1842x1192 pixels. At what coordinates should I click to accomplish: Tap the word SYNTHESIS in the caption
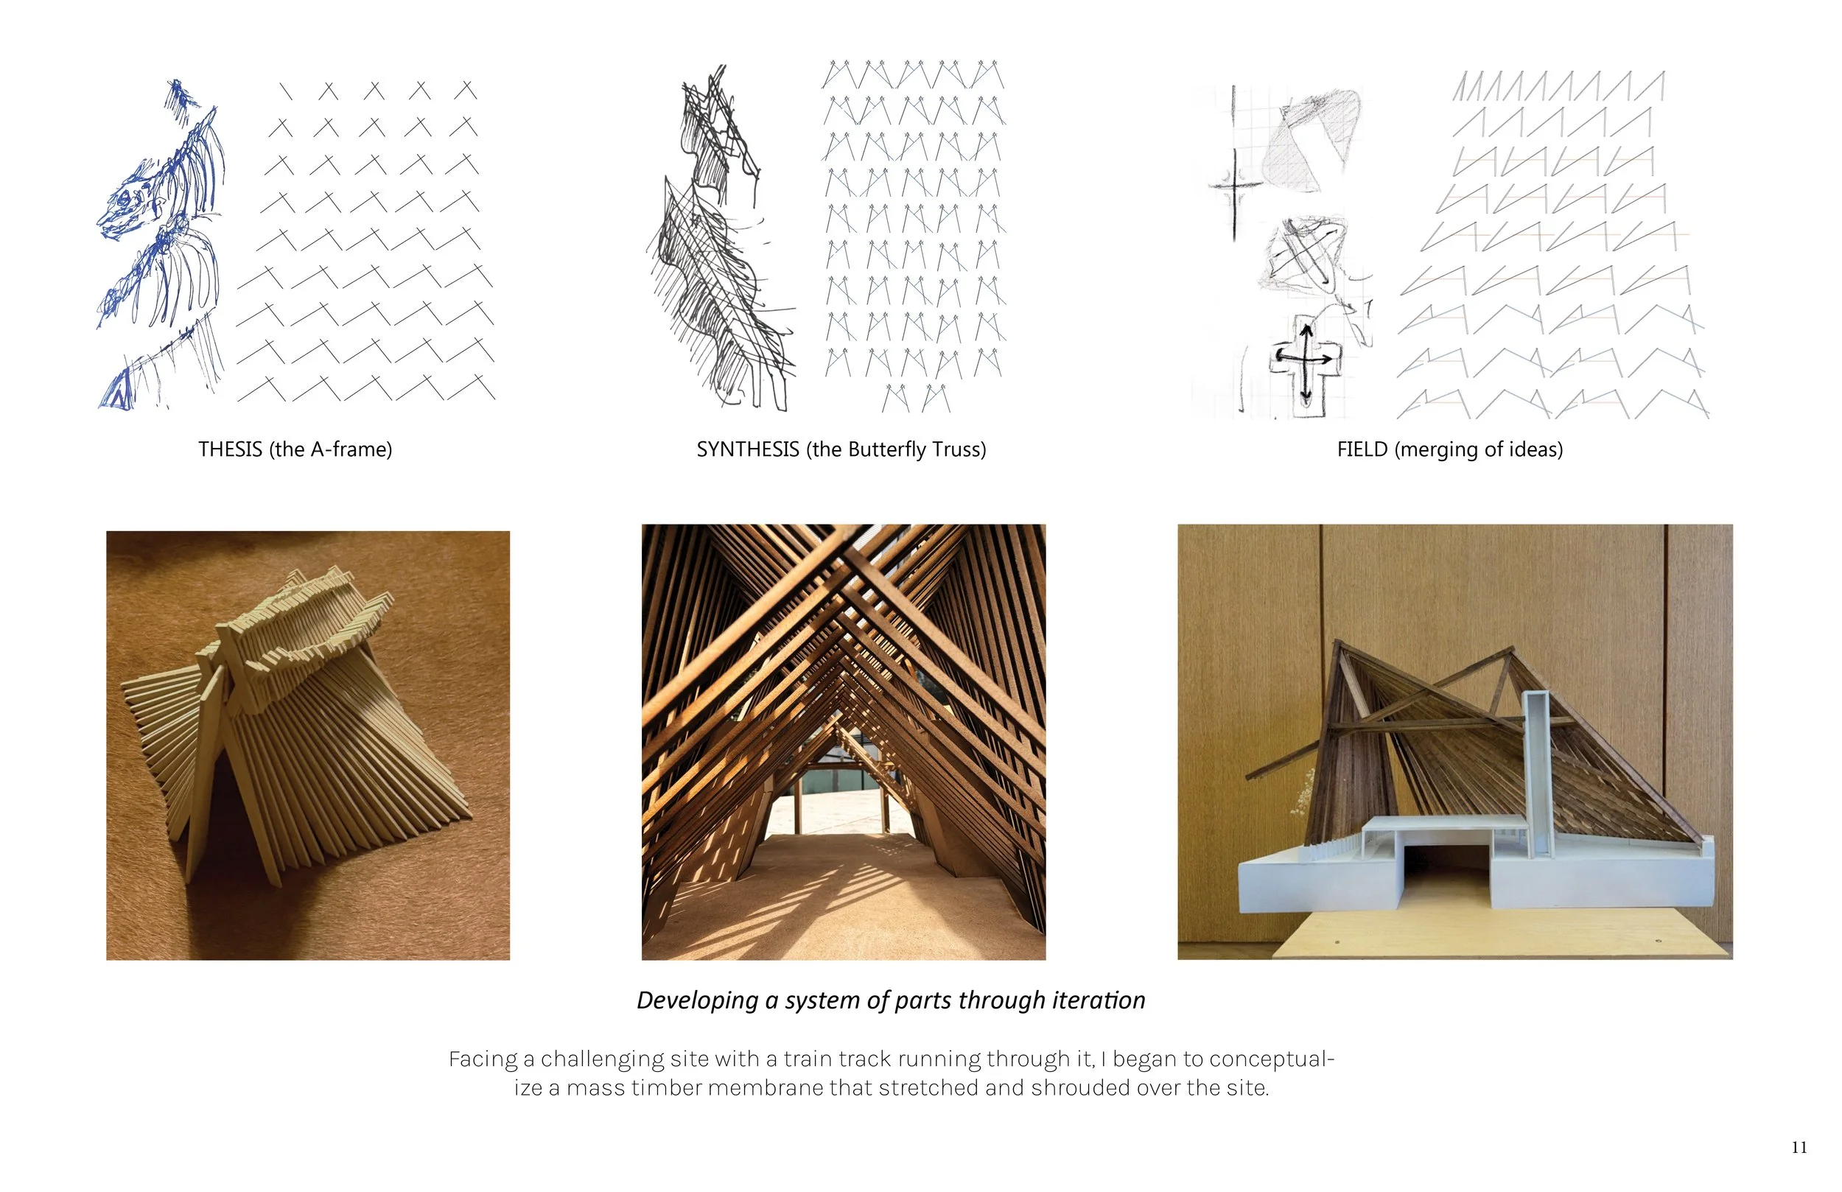pyautogui.click(x=747, y=449)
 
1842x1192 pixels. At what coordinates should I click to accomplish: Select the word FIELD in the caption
pyautogui.click(x=1362, y=449)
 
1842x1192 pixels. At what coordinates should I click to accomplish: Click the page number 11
pyautogui.click(x=1799, y=1148)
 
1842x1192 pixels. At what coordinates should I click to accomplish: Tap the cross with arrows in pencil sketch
pyautogui.click(x=1305, y=360)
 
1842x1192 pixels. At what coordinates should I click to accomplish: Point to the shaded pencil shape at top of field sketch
pyautogui.click(x=1312, y=139)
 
